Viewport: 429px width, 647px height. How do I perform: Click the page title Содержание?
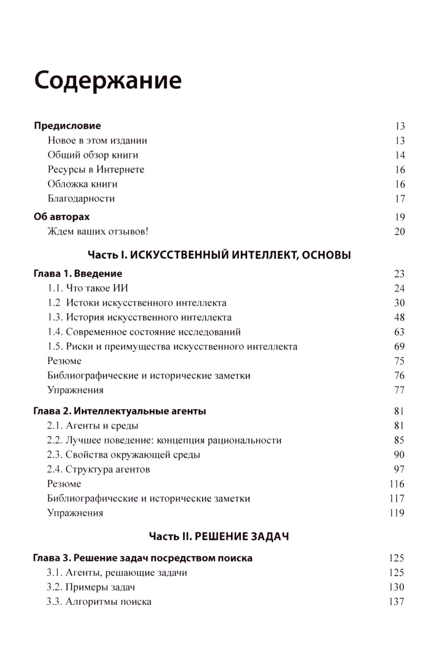click(108, 80)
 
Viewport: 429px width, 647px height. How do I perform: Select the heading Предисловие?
click(67, 126)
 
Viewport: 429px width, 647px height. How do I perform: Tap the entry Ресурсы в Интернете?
click(96, 170)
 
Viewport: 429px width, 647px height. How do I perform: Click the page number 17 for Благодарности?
click(399, 199)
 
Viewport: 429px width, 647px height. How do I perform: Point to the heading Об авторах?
click(62, 217)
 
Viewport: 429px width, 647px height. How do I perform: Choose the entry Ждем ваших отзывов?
click(98, 231)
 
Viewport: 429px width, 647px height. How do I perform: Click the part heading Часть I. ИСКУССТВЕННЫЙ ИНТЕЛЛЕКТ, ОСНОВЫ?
click(219, 255)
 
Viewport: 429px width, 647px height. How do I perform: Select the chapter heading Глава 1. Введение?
click(78, 273)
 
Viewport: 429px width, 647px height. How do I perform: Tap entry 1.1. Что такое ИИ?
click(88, 288)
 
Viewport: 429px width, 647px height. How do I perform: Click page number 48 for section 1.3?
click(399, 317)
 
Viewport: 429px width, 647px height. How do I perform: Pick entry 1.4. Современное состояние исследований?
click(144, 332)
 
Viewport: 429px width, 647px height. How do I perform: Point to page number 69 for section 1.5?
click(399, 346)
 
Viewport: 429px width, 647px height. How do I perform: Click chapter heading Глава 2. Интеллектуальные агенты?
click(120, 411)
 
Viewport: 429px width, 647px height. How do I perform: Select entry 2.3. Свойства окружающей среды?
click(124, 455)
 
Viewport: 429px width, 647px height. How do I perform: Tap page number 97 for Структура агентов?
click(399, 469)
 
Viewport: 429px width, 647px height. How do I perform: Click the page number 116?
click(397, 484)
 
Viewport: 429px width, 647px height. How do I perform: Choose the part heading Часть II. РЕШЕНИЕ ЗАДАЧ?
click(219, 536)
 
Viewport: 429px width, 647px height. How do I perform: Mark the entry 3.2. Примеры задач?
click(91, 587)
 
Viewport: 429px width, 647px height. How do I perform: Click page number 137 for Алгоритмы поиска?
click(396, 601)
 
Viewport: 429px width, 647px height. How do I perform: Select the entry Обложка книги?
click(82, 184)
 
